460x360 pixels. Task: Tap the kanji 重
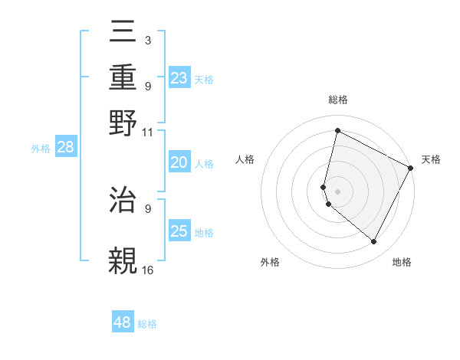click(123, 77)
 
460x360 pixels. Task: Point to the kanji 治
click(123, 200)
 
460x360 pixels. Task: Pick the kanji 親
click(123, 260)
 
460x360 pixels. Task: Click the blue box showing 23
click(179, 78)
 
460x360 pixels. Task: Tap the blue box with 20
click(179, 162)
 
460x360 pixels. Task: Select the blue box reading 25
click(179, 231)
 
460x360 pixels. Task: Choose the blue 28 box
click(66, 148)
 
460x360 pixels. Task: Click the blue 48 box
click(123, 322)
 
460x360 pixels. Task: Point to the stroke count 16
click(148, 270)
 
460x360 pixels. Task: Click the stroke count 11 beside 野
click(148, 132)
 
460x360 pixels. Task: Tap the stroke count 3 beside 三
click(147, 40)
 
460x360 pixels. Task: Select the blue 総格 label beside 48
click(147, 324)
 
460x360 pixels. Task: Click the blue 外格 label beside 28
click(41, 149)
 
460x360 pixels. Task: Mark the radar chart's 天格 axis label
click(431, 159)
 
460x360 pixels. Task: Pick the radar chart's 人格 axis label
click(245, 159)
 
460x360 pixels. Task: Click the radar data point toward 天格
click(411, 169)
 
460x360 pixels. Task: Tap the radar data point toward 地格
click(374, 242)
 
